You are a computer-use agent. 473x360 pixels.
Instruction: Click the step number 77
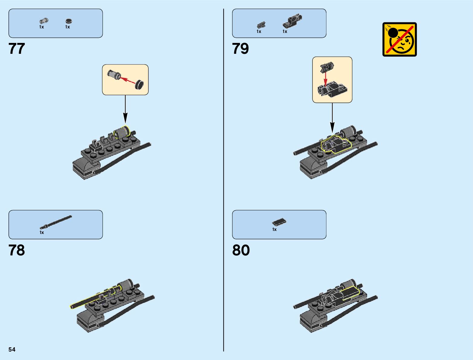pos(17,49)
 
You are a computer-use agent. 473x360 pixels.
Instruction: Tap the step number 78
pos(17,250)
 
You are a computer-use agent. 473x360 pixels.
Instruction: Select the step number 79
pos(240,49)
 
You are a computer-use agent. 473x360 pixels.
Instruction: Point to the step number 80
pos(241,250)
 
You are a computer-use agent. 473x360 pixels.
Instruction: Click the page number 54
pos(12,349)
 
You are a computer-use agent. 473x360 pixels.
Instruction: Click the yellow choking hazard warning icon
pos(399,39)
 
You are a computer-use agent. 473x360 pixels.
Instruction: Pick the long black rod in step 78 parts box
pos(56,222)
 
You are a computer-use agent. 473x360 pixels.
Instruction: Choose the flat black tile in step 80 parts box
pos(279,222)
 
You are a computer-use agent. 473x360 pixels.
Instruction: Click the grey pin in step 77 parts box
pos(44,21)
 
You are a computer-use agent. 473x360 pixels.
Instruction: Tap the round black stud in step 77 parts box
pos(69,21)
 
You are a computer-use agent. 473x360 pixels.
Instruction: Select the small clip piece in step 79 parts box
pos(261,25)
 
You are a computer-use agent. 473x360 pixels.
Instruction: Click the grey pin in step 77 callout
pos(114,74)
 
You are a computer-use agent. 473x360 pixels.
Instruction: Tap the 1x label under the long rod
pos(42,232)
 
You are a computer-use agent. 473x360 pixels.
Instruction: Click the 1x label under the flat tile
pos(274,229)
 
